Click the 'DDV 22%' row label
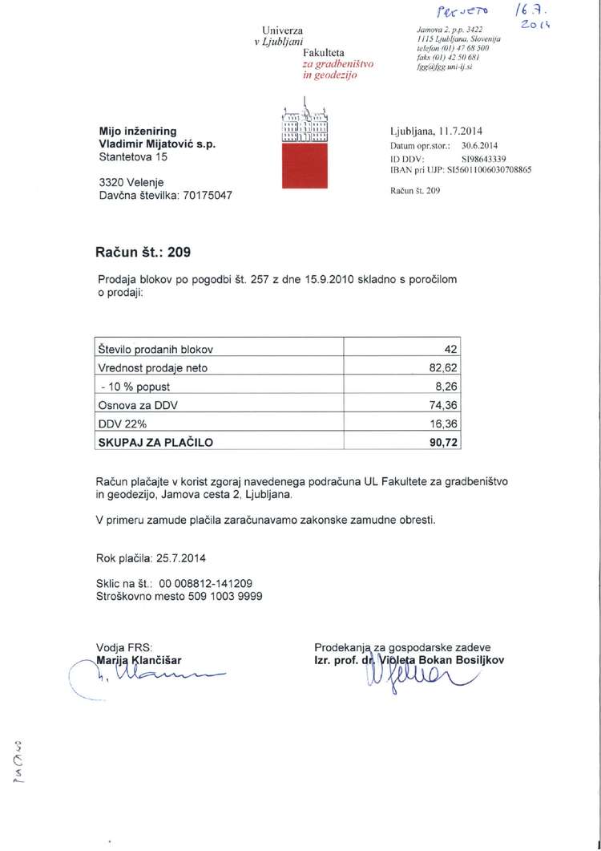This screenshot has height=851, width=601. (x=126, y=423)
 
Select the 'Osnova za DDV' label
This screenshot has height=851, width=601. (x=137, y=404)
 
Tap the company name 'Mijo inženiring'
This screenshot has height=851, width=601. (x=137, y=130)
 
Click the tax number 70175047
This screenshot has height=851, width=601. (x=204, y=194)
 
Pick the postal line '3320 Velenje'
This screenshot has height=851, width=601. (x=131, y=181)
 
